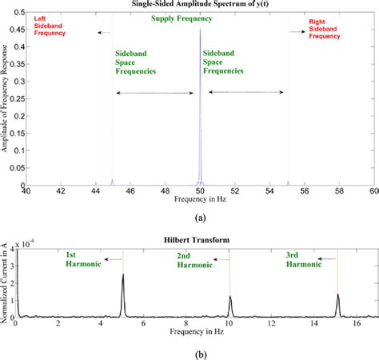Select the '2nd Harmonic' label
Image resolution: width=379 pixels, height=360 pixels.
click(x=196, y=262)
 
